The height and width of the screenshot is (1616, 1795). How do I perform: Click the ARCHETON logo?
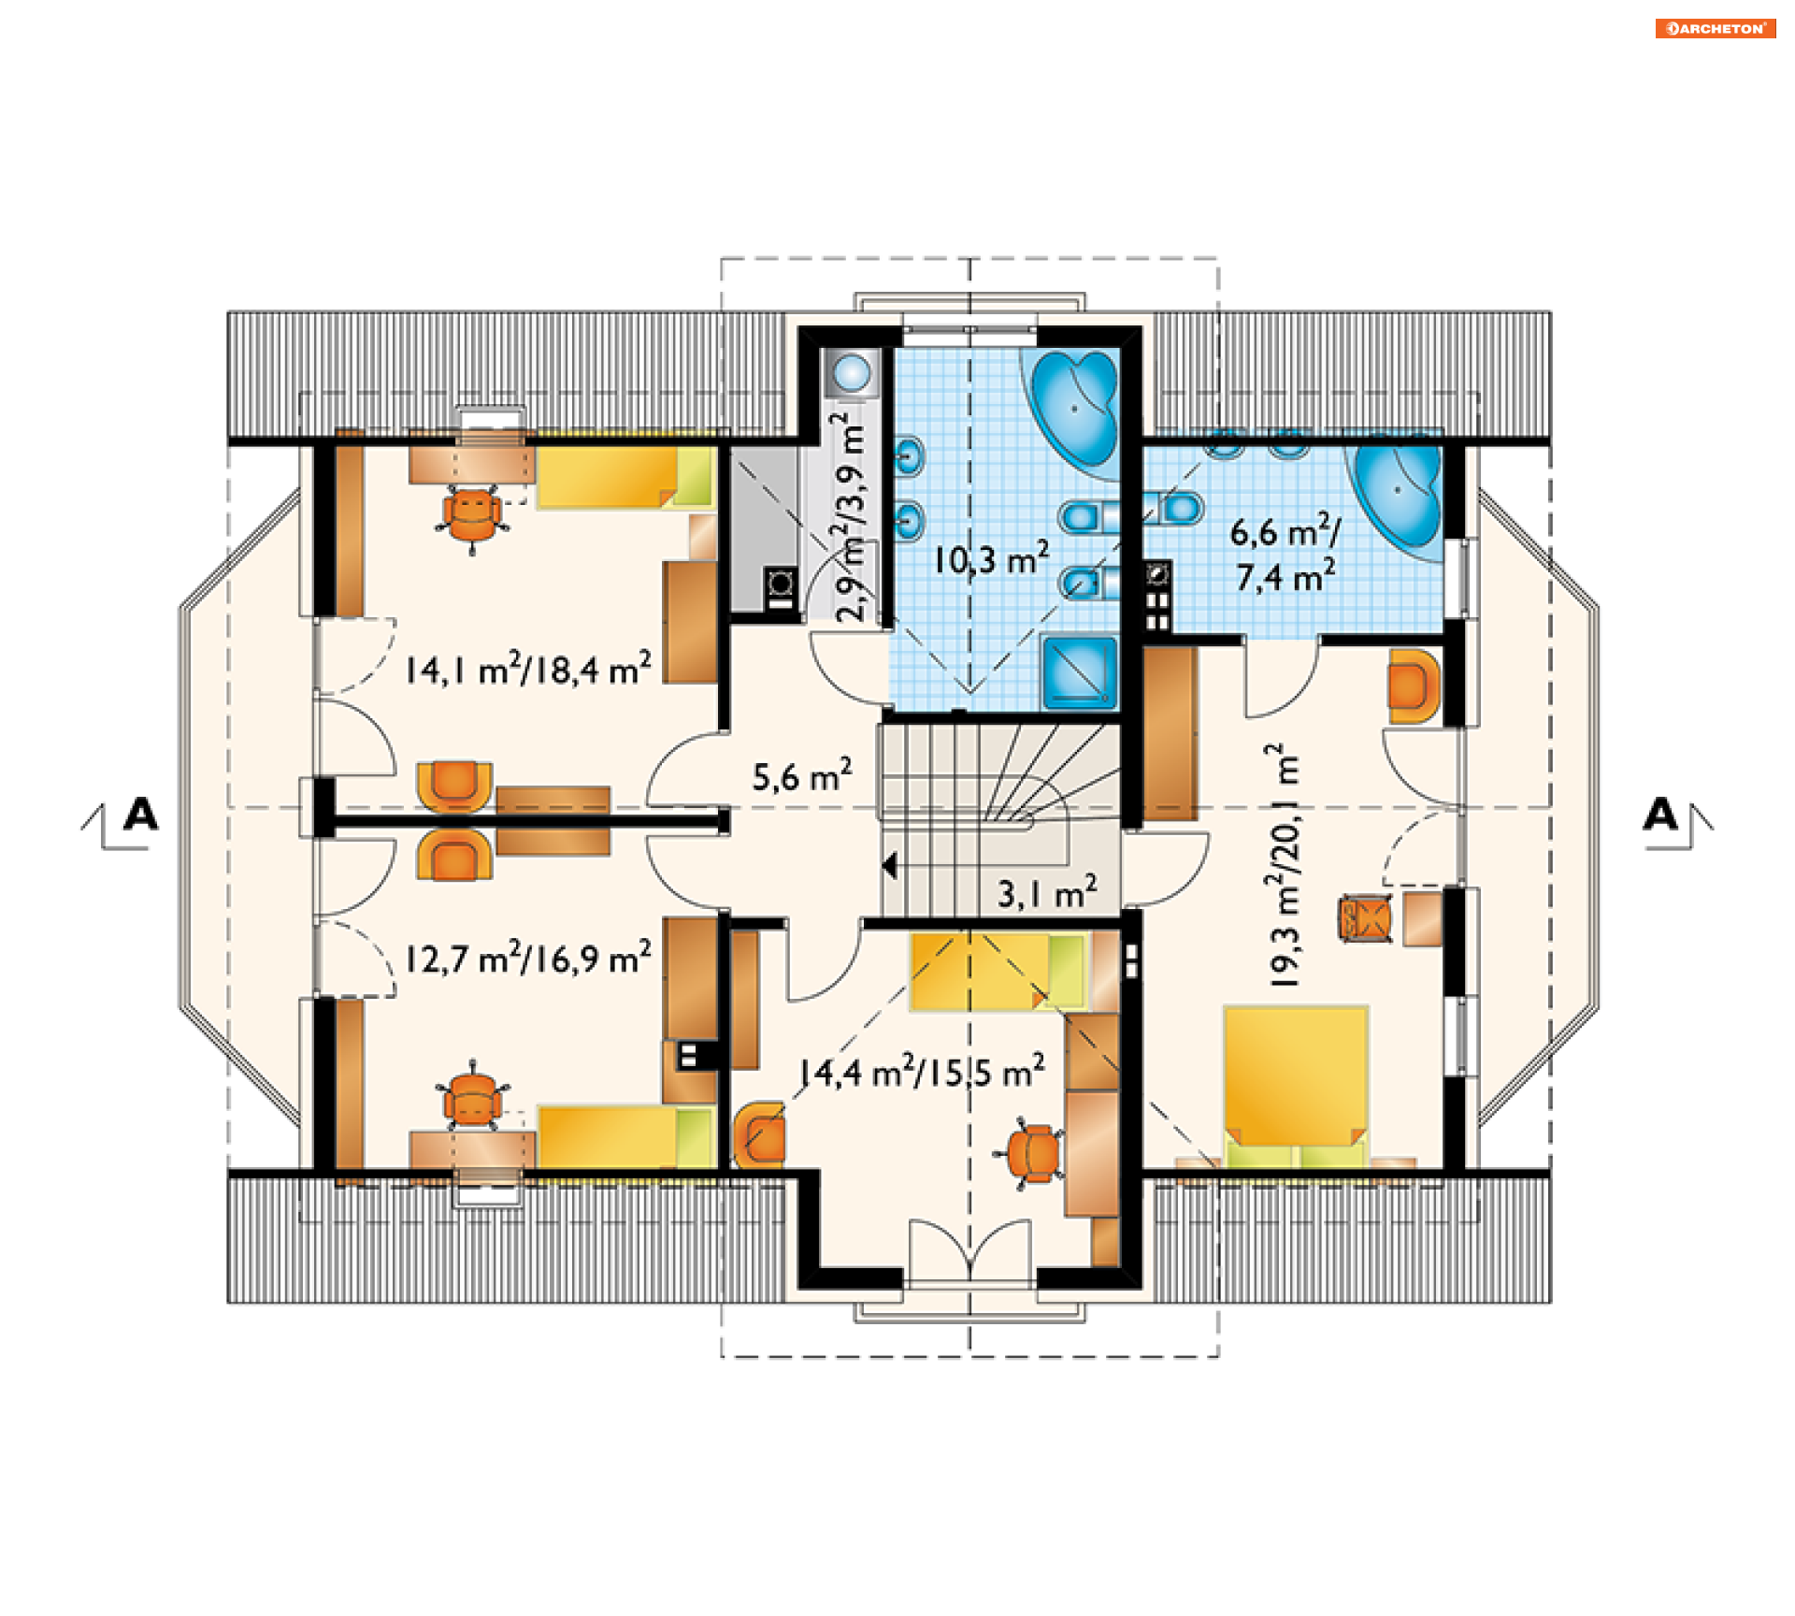point(1715,28)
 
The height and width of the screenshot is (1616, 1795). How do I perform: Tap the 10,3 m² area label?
point(991,558)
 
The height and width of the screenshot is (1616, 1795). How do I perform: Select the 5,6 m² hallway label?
point(802,775)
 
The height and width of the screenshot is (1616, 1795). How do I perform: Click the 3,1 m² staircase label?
point(1047,892)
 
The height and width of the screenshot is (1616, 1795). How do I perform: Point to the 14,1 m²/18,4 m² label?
point(528,669)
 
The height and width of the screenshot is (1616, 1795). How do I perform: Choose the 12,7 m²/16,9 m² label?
point(528,958)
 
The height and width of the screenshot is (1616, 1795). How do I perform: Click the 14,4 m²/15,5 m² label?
point(922,1071)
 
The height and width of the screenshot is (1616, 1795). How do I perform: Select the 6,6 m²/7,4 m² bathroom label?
point(1285,554)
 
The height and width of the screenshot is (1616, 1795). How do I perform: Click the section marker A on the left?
point(141,815)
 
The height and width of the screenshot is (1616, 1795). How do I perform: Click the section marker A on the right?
point(1660,815)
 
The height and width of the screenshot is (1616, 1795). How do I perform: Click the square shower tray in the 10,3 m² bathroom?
point(1080,671)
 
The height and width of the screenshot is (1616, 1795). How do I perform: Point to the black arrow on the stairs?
point(889,866)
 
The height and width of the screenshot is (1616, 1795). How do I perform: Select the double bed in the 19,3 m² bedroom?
point(1296,1088)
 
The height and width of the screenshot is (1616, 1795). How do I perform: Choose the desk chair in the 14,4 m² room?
point(1033,1152)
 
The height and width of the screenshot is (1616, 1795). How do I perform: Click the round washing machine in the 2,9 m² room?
point(852,372)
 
